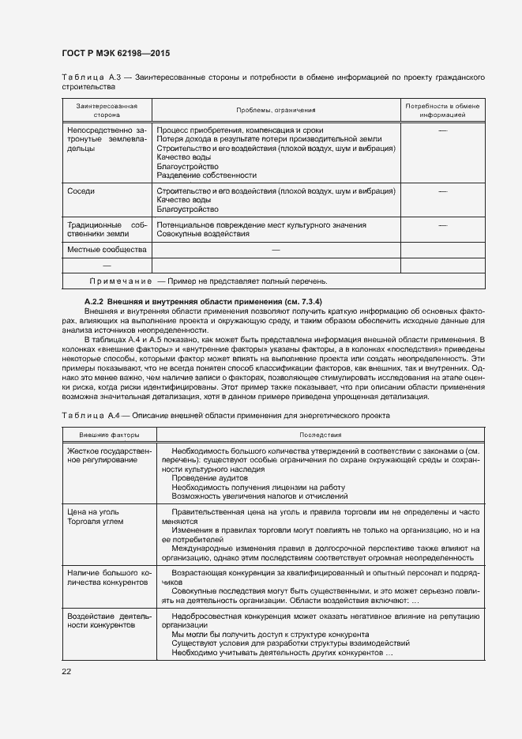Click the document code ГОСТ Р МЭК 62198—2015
click(x=115, y=54)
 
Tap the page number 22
click(x=66, y=671)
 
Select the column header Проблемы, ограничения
click(x=276, y=110)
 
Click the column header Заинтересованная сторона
click(x=107, y=110)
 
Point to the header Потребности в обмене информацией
click(x=442, y=110)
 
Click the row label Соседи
click(x=81, y=191)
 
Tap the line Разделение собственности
click(x=207, y=175)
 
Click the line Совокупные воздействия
click(x=203, y=234)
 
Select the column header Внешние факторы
click(x=109, y=435)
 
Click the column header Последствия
click(x=320, y=435)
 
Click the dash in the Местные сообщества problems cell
click(x=276, y=250)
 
